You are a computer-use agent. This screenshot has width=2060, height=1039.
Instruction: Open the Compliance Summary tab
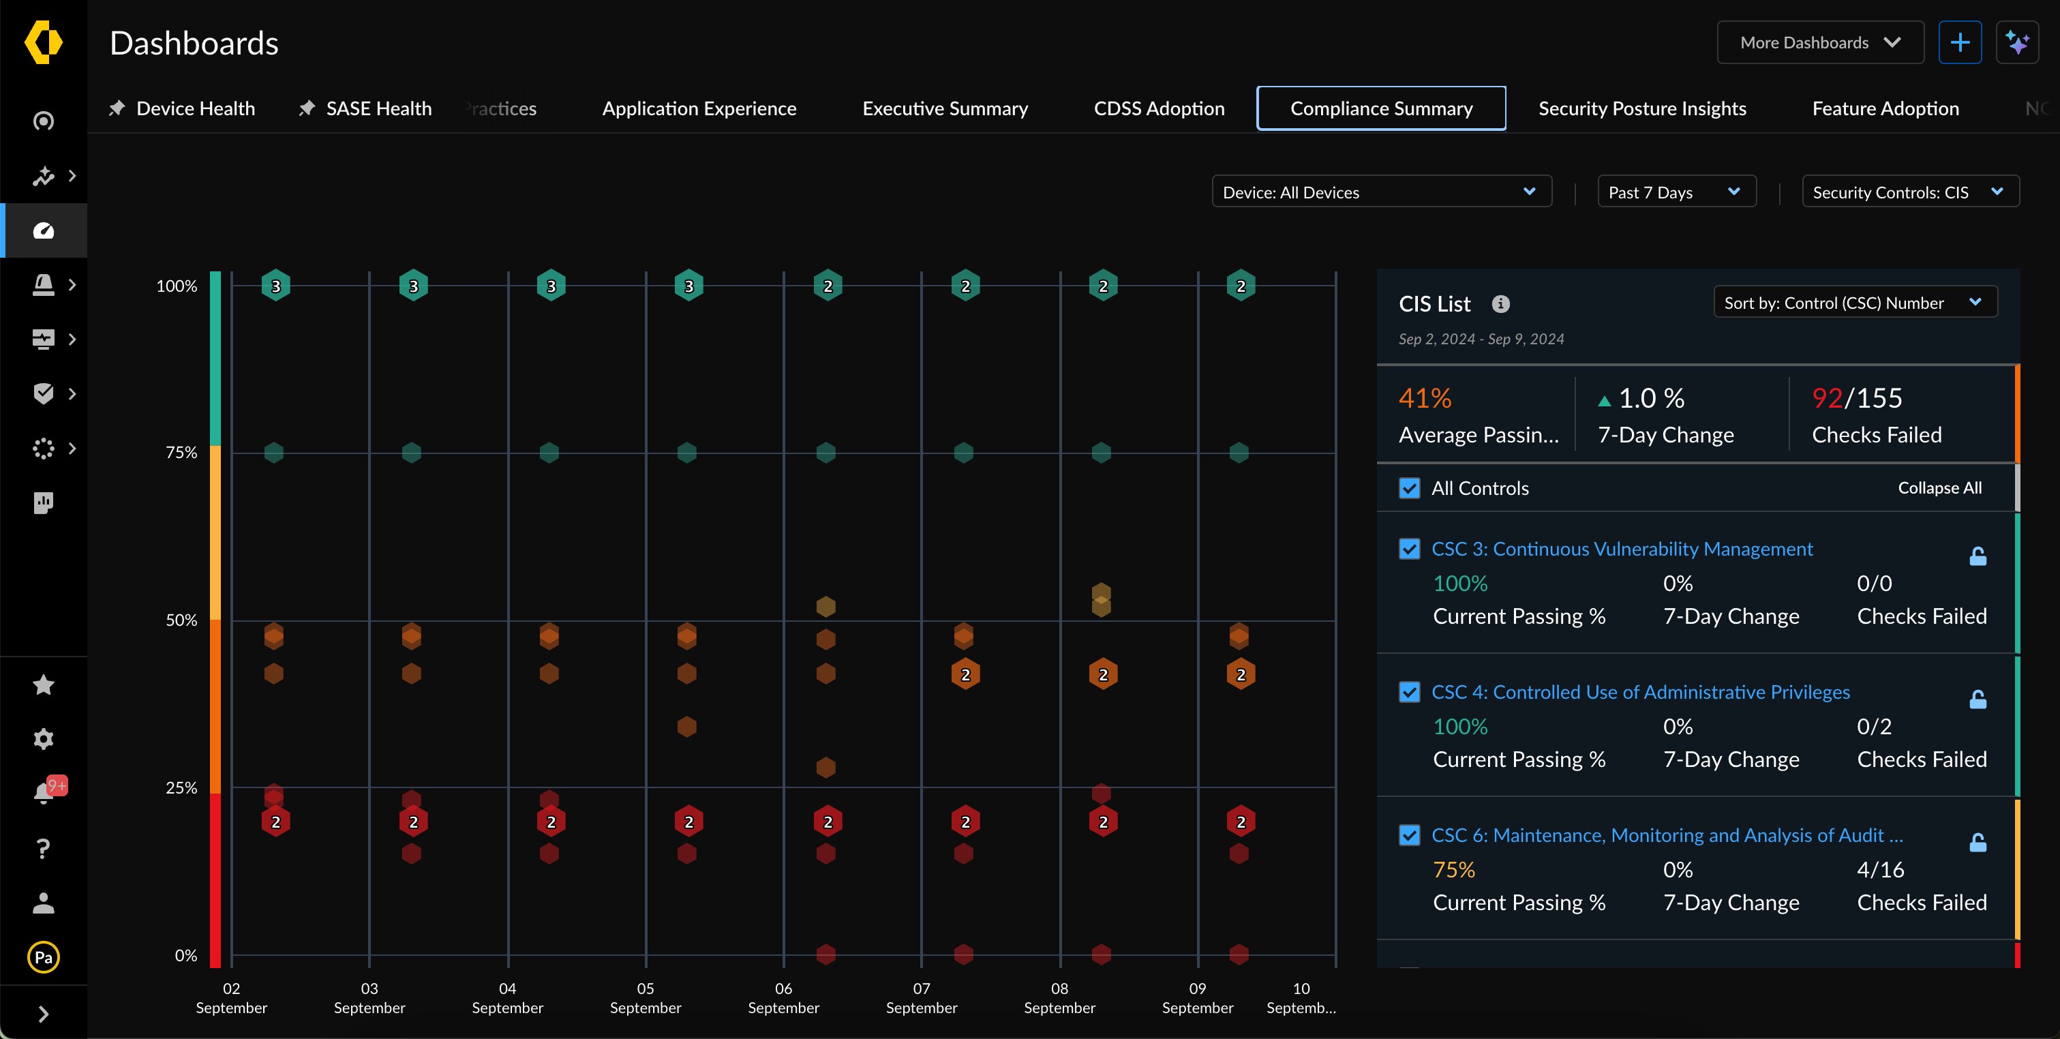(x=1381, y=108)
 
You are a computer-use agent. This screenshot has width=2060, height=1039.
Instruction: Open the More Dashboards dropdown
(x=1819, y=42)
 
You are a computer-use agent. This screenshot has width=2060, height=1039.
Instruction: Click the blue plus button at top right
(x=1959, y=42)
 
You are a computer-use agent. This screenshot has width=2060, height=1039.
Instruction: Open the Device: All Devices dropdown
(x=1381, y=192)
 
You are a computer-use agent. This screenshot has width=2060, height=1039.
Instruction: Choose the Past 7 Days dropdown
(x=1676, y=192)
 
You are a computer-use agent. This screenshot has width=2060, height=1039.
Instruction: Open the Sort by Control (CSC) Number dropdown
(x=1855, y=302)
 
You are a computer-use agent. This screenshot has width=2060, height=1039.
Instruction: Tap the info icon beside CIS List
(x=1500, y=304)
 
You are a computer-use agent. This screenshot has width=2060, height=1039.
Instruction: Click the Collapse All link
(x=1939, y=488)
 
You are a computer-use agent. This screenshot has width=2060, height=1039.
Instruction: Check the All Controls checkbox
(x=1409, y=488)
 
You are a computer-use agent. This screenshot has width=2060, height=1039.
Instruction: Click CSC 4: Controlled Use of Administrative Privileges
(x=1640, y=692)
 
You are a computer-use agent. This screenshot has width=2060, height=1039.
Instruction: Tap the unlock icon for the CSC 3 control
(x=1977, y=556)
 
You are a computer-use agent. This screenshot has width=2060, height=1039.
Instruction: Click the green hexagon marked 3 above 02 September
(x=276, y=286)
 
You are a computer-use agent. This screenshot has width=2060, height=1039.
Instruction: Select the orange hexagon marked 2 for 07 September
(x=965, y=674)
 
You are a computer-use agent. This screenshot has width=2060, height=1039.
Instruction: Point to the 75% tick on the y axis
(x=181, y=453)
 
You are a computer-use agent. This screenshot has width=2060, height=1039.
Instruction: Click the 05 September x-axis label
(x=646, y=997)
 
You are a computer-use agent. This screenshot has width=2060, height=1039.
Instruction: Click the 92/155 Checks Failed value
(x=1856, y=398)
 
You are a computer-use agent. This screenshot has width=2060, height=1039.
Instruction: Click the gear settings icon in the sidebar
(x=43, y=738)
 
